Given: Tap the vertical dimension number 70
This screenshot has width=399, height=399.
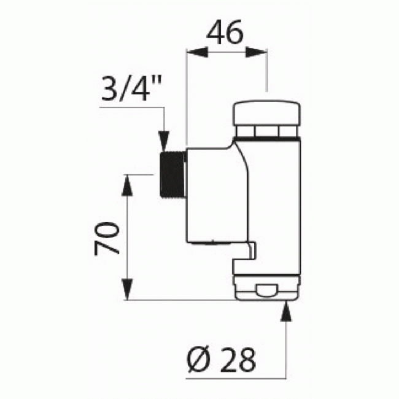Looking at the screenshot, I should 106,238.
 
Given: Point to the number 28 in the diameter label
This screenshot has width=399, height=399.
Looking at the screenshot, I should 237,359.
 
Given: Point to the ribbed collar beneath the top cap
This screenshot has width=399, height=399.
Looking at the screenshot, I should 266,132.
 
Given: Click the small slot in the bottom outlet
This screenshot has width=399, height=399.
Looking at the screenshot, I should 266,291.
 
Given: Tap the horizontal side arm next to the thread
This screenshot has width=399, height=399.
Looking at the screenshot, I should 209,193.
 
